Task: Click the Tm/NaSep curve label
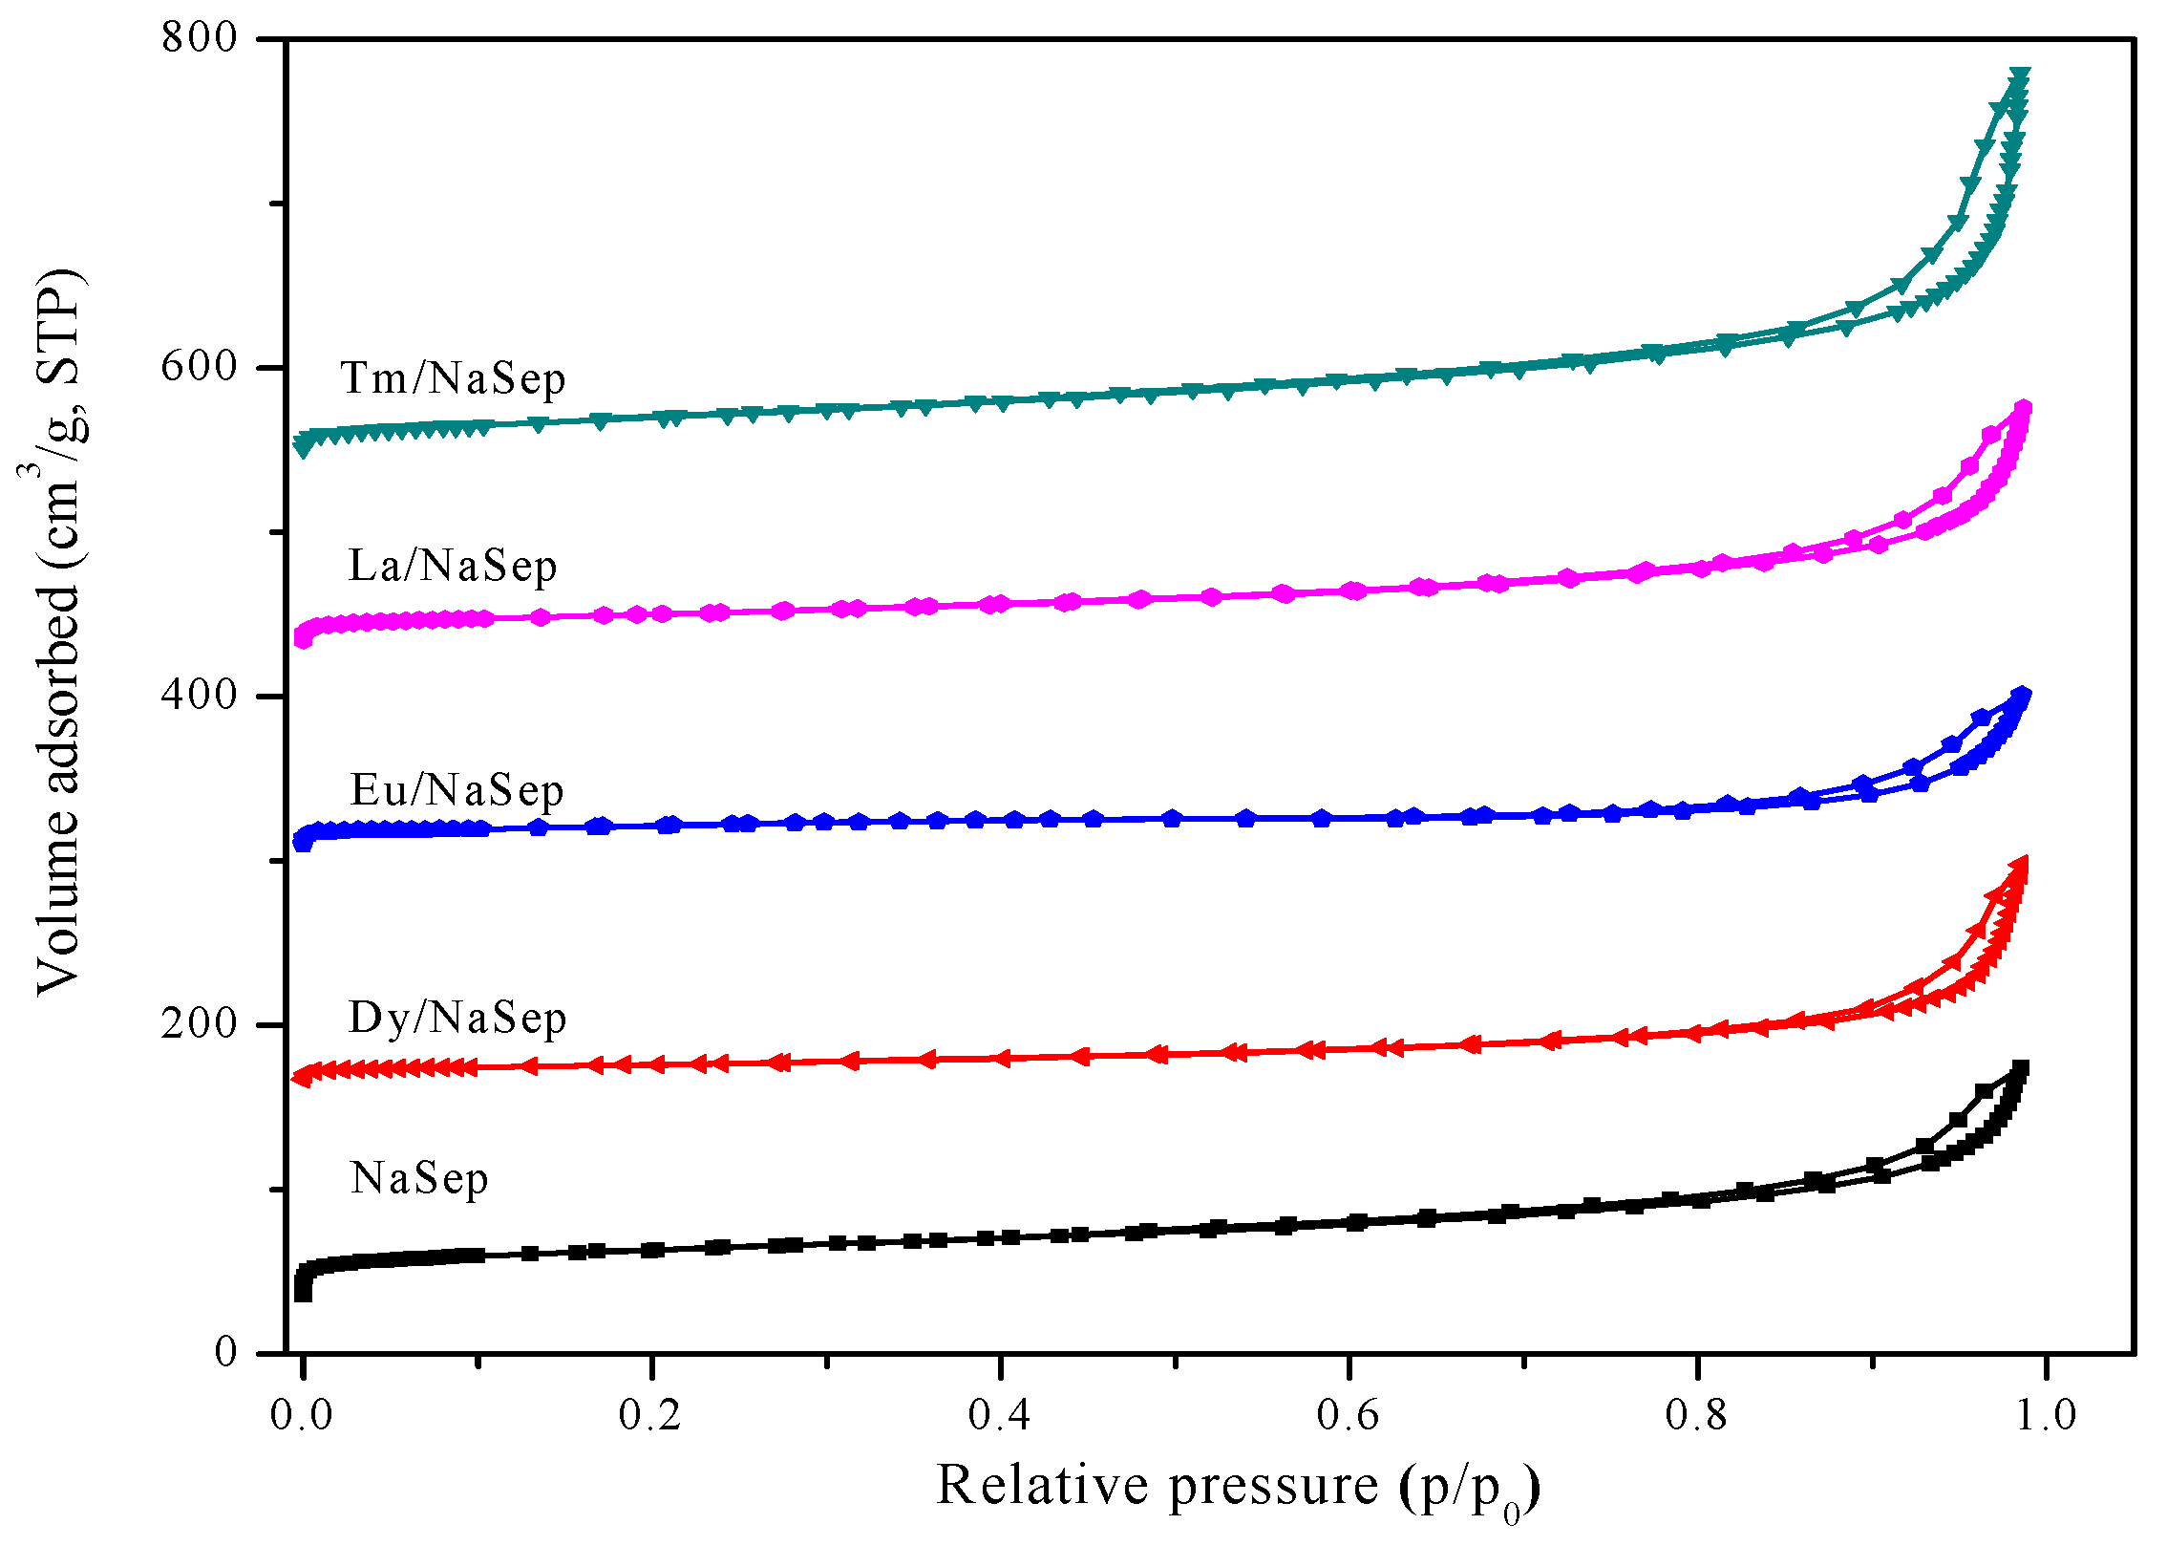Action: click(x=453, y=378)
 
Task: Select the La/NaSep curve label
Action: click(x=453, y=566)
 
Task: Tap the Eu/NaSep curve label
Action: click(x=457, y=791)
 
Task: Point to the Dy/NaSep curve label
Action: click(x=457, y=1018)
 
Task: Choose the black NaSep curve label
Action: click(x=419, y=1178)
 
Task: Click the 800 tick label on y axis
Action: click(x=199, y=38)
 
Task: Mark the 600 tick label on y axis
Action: click(x=199, y=367)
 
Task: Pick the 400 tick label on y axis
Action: click(x=199, y=696)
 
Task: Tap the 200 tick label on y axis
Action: click(x=199, y=1024)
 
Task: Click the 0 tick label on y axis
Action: click(x=225, y=1352)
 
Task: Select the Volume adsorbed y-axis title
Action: click(x=59, y=631)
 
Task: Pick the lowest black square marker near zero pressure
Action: click(x=303, y=1293)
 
